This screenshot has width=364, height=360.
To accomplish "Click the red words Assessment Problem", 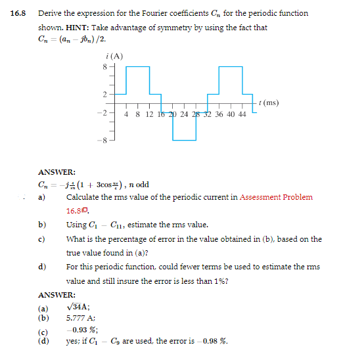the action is tap(275, 197).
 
